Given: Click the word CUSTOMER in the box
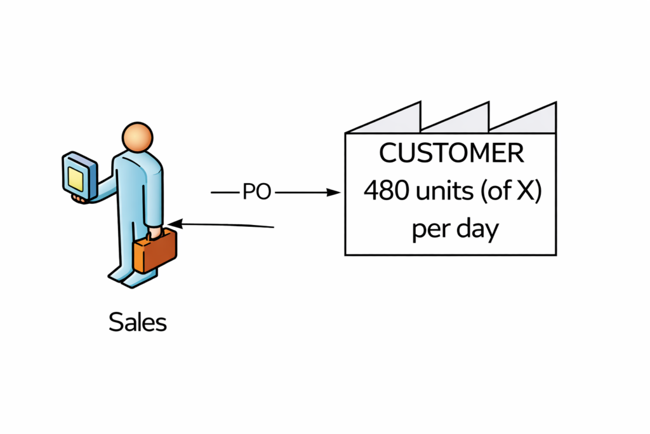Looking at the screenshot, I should click(x=451, y=153).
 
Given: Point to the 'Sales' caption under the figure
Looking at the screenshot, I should click(x=138, y=322).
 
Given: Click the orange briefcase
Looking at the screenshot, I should click(x=155, y=252).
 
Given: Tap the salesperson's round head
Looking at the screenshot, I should click(x=138, y=135).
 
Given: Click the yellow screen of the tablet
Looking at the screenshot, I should click(x=76, y=179).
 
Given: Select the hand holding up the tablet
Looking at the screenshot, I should click(x=80, y=199).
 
